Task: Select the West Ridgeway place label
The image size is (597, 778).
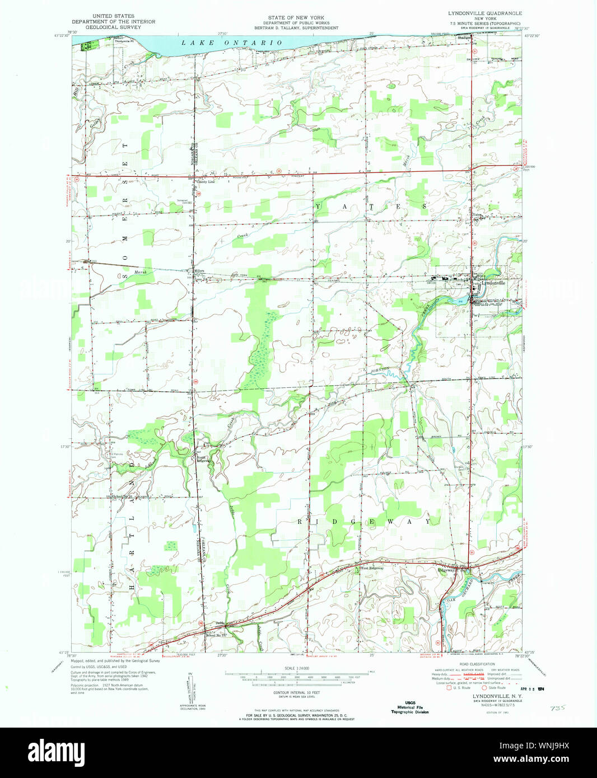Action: [372, 568]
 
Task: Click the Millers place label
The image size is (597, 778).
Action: [199, 271]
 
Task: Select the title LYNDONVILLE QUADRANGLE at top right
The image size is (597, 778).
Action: [484, 13]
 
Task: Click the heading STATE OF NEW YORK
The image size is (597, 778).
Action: [296, 18]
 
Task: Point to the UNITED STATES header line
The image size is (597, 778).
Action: [113, 16]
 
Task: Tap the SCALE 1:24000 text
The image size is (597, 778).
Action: [296, 668]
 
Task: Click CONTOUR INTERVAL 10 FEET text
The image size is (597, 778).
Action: [296, 693]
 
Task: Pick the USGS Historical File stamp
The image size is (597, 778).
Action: [410, 707]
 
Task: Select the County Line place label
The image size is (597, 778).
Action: [204, 182]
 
